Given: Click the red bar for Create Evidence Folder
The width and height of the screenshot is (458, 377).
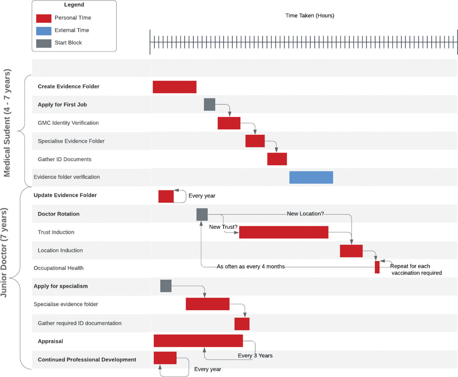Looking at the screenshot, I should (x=174, y=87).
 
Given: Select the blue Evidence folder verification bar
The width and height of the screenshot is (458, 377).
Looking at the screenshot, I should (x=311, y=177).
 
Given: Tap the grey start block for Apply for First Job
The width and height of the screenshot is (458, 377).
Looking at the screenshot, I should (x=210, y=105).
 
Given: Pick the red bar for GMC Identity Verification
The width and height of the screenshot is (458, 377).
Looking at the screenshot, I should (x=229, y=123).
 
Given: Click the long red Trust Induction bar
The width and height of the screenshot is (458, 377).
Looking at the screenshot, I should (x=284, y=232).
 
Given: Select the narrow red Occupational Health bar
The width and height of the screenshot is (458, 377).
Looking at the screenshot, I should (x=377, y=267).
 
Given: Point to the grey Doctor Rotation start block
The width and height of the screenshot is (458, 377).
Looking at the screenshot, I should (x=202, y=214).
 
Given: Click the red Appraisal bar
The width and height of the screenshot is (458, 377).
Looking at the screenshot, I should (x=198, y=341).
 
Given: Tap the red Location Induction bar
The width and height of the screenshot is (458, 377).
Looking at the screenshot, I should (x=351, y=251).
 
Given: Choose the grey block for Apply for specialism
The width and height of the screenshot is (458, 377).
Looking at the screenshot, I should (x=166, y=286).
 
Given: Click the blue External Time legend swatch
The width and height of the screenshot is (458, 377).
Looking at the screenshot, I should (x=44, y=30).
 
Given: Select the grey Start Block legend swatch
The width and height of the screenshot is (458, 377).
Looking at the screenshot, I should (x=44, y=43).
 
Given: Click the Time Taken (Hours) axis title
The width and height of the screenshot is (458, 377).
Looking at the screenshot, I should (x=310, y=16).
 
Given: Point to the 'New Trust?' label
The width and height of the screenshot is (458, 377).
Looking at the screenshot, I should (x=223, y=227).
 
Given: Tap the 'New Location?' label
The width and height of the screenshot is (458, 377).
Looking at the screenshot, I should (x=305, y=214).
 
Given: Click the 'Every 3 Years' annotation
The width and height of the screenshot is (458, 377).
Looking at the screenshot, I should (x=255, y=355).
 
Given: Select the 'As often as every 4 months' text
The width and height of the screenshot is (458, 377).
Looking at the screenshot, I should (x=251, y=267).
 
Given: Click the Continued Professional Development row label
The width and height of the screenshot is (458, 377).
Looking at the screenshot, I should (x=87, y=359).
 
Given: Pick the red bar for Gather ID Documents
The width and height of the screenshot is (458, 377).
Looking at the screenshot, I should (x=277, y=159).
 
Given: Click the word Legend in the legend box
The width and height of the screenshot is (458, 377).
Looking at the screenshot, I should (x=74, y=5).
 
